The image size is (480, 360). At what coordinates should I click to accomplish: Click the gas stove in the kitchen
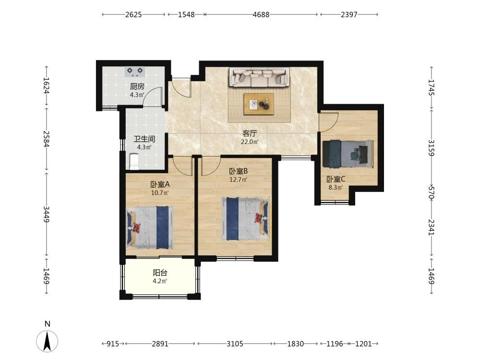[135, 72]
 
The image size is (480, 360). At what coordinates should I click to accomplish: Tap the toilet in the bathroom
[134, 161]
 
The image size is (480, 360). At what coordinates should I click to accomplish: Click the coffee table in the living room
[259, 104]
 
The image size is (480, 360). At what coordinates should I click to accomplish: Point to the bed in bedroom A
[150, 228]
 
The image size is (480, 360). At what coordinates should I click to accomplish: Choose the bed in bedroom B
[245, 218]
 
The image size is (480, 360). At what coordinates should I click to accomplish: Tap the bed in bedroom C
[348, 154]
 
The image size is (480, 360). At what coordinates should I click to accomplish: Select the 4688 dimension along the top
[261, 14]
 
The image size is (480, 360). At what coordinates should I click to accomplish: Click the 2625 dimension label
[133, 14]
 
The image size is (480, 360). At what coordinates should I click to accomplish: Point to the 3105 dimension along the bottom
[235, 344]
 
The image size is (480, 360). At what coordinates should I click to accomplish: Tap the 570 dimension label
[432, 192]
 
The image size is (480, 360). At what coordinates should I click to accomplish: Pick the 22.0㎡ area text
[250, 142]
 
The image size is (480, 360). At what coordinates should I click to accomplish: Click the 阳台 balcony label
[160, 273]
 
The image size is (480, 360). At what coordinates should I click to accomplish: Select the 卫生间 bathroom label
[144, 139]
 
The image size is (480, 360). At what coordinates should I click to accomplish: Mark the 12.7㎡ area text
[238, 180]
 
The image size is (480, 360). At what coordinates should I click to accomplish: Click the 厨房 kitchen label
[137, 86]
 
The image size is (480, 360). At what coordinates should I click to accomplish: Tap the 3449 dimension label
[46, 214]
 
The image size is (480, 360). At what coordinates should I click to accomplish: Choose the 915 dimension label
[113, 344]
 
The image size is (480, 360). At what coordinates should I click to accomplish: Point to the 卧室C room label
[336, 179]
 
